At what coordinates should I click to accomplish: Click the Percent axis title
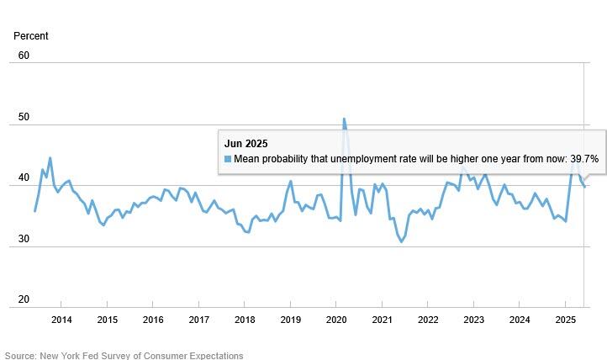point(31,36)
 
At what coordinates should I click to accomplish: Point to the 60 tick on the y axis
point(24,56)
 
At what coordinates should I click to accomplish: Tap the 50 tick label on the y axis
point(24,117)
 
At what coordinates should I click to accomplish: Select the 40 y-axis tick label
point(24,178)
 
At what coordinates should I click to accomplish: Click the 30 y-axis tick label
point(24,239)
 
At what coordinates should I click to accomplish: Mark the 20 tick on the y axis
point(24,299)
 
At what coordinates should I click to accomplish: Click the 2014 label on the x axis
point(61,320)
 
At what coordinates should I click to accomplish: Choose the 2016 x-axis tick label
point(153,320)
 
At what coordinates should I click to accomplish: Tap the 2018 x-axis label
point(245,320)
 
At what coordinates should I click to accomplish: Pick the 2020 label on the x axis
point(336,320)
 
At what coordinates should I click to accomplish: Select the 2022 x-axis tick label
point(428,320)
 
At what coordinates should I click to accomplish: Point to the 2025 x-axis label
point(566,320)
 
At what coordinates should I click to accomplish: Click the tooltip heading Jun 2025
point(245,144)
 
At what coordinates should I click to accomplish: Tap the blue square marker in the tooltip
point(228,159)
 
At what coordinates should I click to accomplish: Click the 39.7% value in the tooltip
point(583,159)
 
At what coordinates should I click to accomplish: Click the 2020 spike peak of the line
point(344,119)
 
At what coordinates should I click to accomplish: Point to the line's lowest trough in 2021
point(402,241)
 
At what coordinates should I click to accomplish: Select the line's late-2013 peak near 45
point(50,158)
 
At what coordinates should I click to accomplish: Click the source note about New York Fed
point(124,355)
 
